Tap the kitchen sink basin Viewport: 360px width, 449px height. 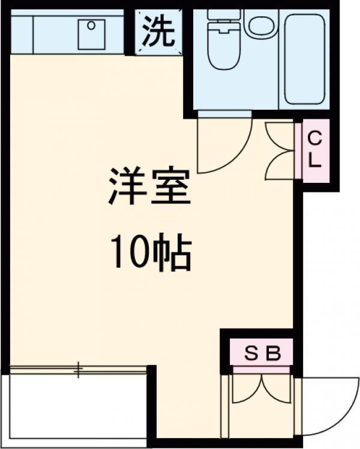(92, 33)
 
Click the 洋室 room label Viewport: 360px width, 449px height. (149, 187)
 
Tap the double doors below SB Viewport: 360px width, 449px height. (262, 390)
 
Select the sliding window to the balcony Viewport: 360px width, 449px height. (78, 370)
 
